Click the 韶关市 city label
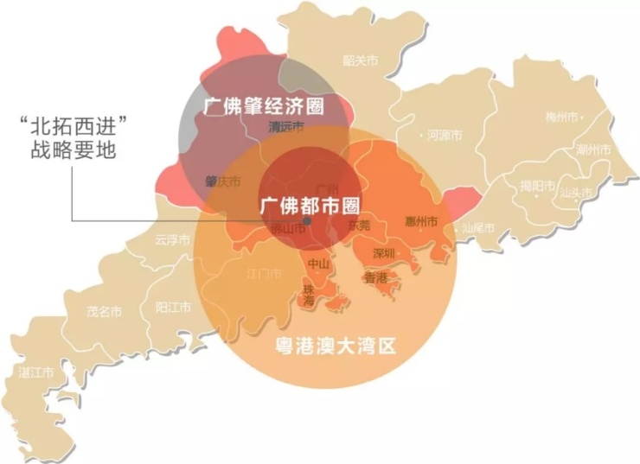pos(360,60)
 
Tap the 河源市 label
pos(445,136)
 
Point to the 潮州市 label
pos(593,149)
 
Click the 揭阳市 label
pos(537,185)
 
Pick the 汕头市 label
pos(576,193)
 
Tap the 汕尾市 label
pos(477,228)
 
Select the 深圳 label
pos(383,253)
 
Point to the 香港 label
pos(376,278)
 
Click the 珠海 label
pos(309,294)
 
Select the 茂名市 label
pos(104,312)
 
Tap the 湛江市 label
pos(37,372)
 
